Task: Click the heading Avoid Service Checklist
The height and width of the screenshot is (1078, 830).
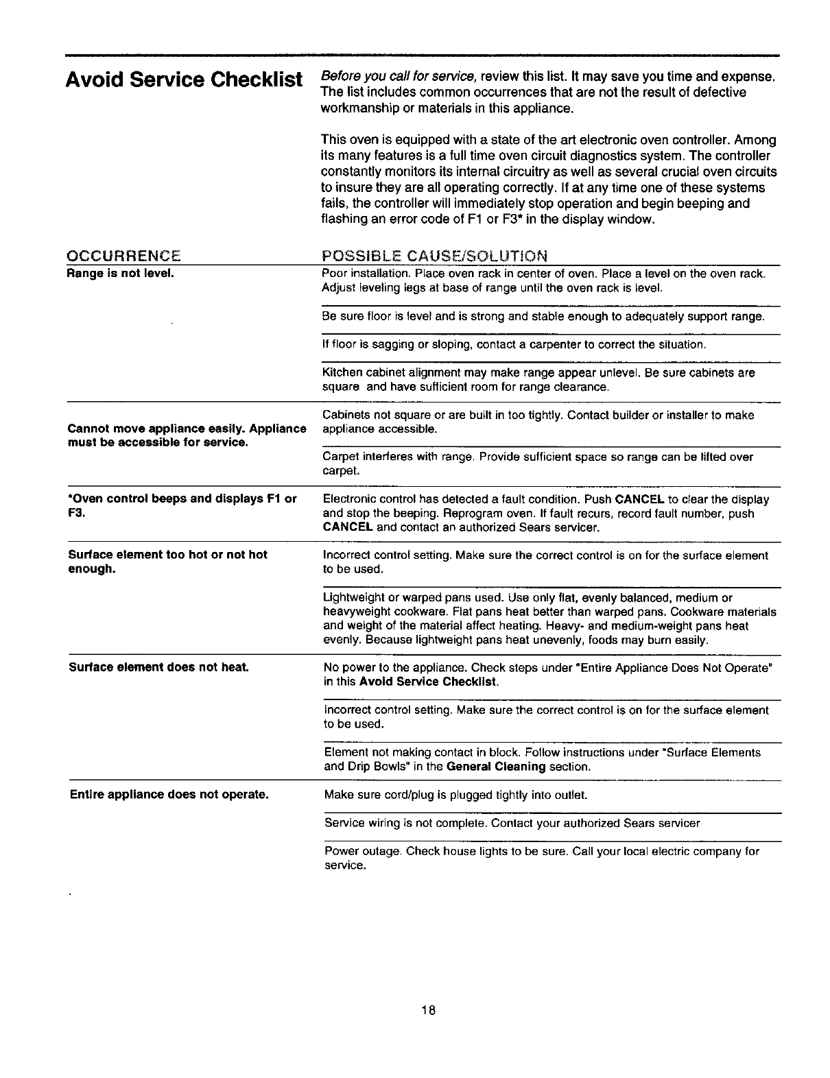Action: pyautogui.click(x=184, y=80)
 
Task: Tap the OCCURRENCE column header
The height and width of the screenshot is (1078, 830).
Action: pyautogui.click(x=123, y=256)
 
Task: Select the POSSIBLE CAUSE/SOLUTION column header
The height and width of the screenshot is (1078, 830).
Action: pyautogui.click(x=434, y=256)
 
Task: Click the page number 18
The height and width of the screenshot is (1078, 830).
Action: pyautogui.click(x=429, y=1010)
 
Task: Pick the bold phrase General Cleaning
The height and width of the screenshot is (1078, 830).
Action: pyautogui.click(x=495, y=767)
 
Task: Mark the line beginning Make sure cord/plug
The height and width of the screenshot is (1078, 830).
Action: pyautogui.click(x=455, y=795)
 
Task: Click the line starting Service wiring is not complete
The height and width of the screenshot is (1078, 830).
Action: pyautogui.click(x=512, y=822)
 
